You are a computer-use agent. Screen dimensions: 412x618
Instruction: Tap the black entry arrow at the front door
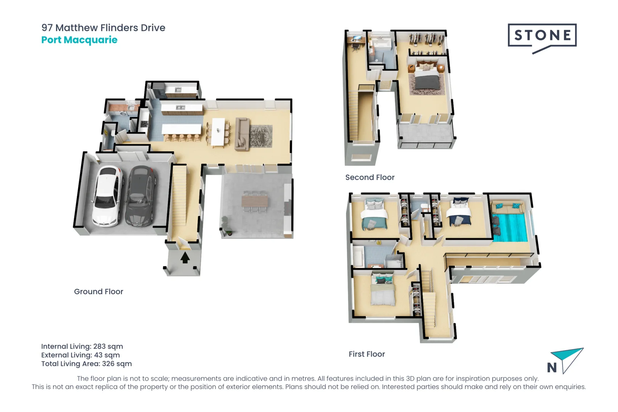[x=185, y=258]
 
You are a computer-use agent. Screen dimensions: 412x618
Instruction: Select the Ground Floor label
[x=98, y=291]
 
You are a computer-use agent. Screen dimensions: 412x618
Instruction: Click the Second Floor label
[x=370, y=177]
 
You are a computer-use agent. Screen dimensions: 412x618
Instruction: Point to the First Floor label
[x=367, y=354]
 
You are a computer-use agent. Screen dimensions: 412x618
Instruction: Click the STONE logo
[x=542, y=35]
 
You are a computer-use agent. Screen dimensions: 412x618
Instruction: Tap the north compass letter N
[x=552, y=367]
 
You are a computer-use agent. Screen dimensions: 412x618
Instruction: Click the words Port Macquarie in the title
[x=79, y=40]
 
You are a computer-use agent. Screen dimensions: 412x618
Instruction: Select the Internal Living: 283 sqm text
[x=82, y=346]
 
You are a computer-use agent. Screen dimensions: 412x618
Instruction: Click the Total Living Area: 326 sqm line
[x=87, y=364]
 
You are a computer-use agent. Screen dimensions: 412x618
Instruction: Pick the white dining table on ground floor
[x=218, y=132]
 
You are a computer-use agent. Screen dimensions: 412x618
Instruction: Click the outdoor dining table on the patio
[x=254, y=201]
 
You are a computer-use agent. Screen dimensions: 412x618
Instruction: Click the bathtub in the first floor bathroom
[x=359, y=256]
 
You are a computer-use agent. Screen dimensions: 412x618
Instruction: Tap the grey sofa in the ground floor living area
[x=242, y=134]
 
